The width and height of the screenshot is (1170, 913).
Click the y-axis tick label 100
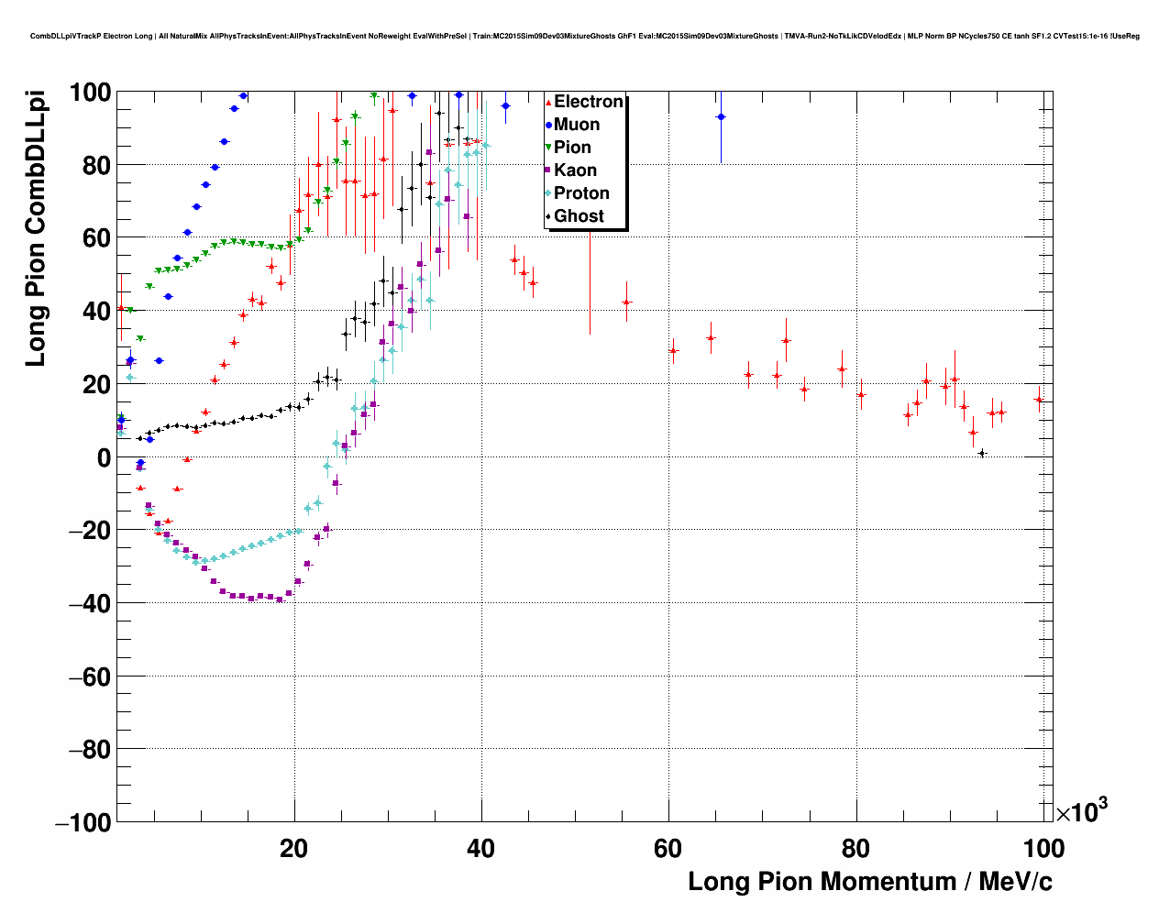90,93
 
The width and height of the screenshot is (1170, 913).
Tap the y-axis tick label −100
83,823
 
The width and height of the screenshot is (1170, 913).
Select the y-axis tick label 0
103,457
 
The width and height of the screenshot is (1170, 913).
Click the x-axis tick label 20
293,849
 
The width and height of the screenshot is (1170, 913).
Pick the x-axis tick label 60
668,849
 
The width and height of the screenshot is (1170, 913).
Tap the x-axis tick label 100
1042,849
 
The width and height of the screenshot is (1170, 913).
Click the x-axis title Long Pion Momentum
869,882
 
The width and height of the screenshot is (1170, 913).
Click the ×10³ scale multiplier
1081,811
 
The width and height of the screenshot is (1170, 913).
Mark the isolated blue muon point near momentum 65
721,116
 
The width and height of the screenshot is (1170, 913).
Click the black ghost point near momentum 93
982,453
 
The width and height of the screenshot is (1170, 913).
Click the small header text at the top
584,36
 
